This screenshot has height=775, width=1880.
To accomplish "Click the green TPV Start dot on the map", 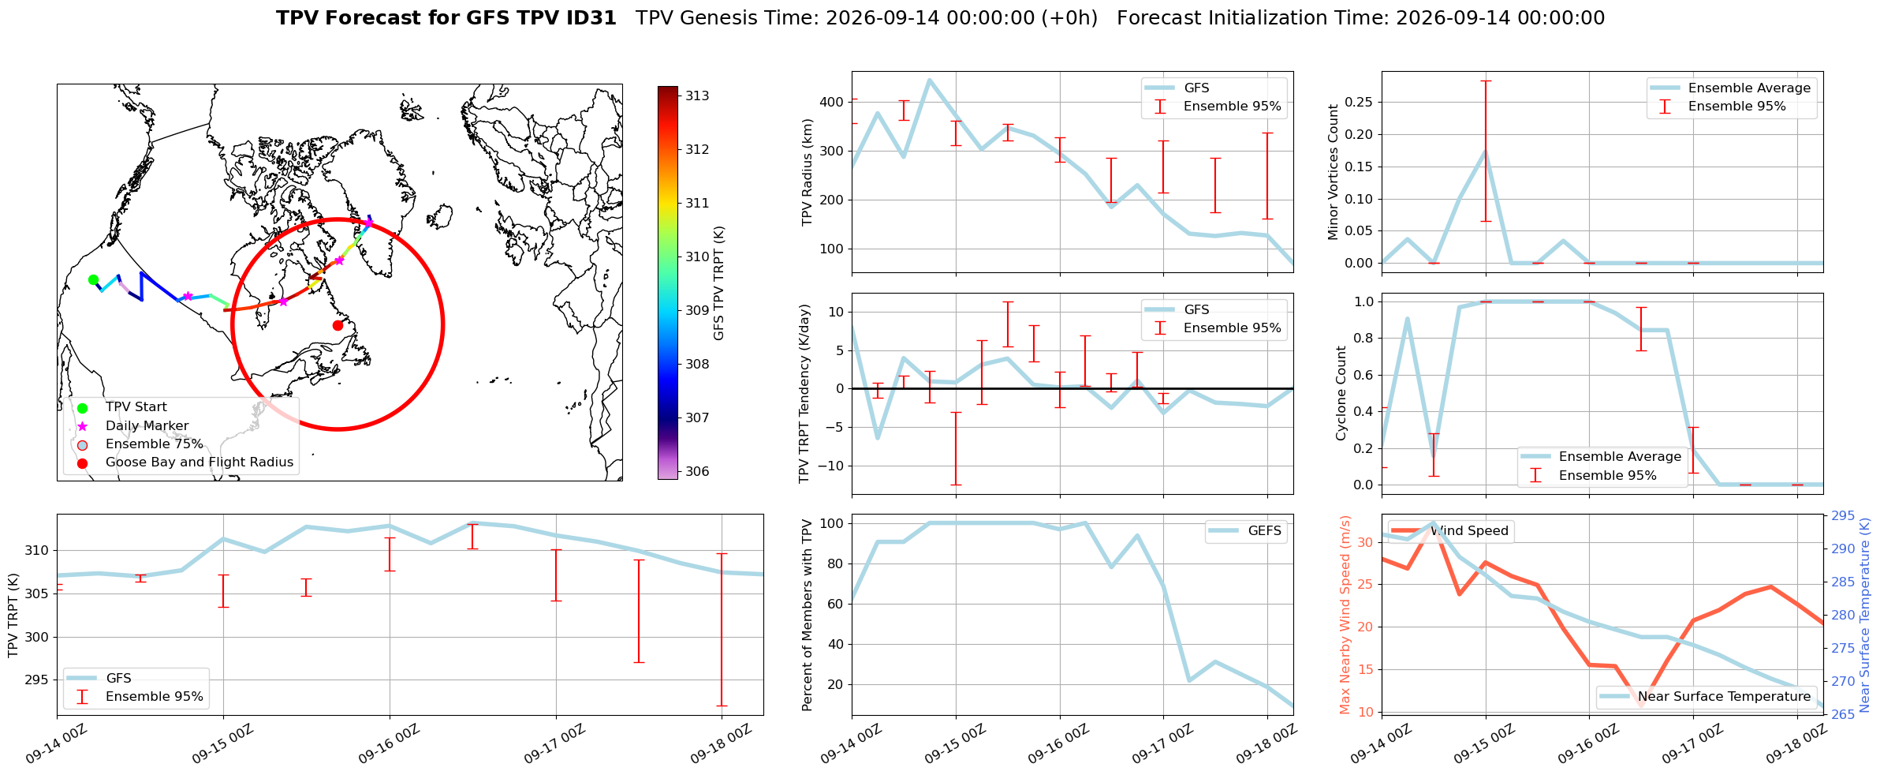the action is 93,279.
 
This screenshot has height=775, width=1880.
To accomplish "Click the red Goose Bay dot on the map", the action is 338,325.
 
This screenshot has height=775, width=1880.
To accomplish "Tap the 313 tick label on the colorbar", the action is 697,95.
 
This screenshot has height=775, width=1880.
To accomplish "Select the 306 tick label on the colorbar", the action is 697,471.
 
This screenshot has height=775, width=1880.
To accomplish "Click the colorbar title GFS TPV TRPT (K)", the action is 718,283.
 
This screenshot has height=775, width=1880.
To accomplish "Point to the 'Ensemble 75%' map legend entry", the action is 155,444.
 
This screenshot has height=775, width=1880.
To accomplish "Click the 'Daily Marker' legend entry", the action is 147,425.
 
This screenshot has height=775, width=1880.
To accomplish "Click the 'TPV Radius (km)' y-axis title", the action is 807,172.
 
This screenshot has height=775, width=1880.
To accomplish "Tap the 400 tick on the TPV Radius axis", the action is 832,102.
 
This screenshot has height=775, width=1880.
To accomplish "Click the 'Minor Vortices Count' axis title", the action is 1334,172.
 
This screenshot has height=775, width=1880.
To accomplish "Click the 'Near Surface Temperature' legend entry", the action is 1725,696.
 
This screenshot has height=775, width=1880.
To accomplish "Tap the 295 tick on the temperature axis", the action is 1843,515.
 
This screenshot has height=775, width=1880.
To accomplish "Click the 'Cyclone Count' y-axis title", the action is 1341,393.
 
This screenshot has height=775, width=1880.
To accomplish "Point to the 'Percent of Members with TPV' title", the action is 807,615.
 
